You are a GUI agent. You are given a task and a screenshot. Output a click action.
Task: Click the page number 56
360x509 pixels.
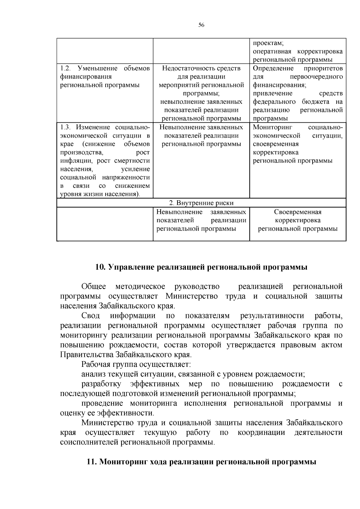[x=201, y=25]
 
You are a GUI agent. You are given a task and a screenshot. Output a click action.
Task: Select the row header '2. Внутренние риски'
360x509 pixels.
[x=201, y=203]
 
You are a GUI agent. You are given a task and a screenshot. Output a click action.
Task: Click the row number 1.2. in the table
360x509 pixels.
[x=65, y=68]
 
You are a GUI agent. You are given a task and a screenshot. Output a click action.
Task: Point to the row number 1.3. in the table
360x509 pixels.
[x=65, y=127]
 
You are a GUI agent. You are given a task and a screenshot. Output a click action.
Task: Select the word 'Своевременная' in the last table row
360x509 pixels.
[x=298, y=212]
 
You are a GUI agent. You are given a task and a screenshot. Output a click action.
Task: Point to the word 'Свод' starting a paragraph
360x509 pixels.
[x=91, y=316]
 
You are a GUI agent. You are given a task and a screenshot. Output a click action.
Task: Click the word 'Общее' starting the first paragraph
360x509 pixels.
[x=94, y=286]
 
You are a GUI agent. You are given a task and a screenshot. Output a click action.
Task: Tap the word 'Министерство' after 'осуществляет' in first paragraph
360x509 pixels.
[x=192, y=296]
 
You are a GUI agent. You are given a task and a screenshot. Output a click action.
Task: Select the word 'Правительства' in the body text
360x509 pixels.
[x=87, y=355]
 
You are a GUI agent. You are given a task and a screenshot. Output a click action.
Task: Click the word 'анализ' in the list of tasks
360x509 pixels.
[x=91, y=374]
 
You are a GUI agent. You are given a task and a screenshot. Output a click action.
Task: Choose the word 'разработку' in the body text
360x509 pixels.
[x=101, y=384]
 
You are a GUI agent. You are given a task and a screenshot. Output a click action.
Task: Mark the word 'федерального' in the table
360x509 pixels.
[x=274, y=102]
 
